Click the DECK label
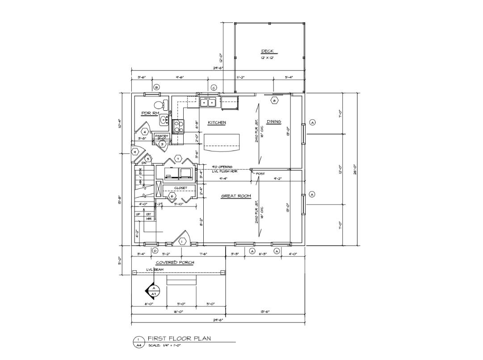coord(267,51)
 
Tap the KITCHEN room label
coord(217,122)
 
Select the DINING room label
coord(273,122)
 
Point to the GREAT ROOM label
coord(236,196)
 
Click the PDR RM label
coord(150,113)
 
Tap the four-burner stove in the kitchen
coord(178,126)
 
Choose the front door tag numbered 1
coord(182,242)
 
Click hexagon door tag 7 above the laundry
coord(177,159)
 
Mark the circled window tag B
coord(156,88)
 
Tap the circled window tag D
coord(155,251)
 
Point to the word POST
coord(260,174)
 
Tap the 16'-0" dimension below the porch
coord(178,312)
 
